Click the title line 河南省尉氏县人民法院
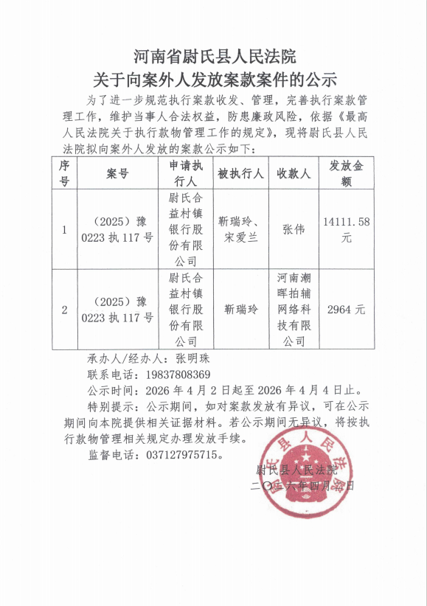coord(214,56)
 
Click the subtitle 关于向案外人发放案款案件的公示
coord(214,78)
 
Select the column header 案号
coord(118,174)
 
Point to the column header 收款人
coord(294,174)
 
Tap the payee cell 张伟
coord(294,229)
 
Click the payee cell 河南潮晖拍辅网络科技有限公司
coord(294,310)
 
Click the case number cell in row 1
coord(118,229)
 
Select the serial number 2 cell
coord(64,310)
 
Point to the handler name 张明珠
coord(193,360)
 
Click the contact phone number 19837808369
coord(173,375)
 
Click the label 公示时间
coord(110,390)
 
